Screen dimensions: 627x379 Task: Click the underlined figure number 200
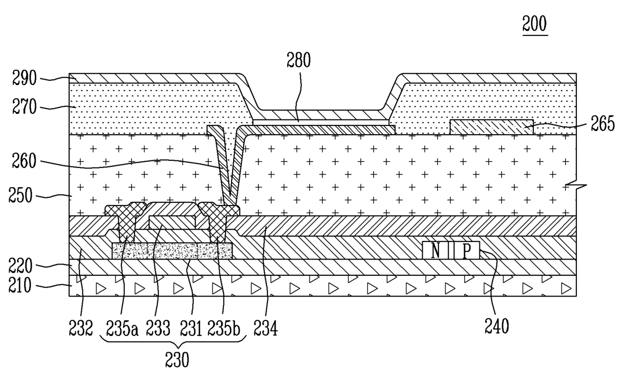click(534, 24)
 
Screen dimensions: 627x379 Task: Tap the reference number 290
click(24, 78)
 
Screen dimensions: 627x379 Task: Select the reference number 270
click(24, 107)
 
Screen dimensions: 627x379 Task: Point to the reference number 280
click(299, 60)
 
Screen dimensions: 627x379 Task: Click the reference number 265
click(603, 123)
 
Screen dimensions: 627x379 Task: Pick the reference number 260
click(24, 161)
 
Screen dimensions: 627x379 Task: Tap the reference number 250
click(20, 195)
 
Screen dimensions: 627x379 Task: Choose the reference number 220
click(20, 266)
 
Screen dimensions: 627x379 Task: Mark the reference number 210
click(20, 286)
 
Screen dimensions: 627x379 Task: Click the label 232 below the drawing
click(81, 328)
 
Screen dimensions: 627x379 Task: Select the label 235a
click(122, 328)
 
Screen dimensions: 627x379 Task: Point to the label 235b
click(224, 328)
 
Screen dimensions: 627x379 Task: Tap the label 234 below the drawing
click(265, 328)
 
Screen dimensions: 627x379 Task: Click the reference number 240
click(497, 326)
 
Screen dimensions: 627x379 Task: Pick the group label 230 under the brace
click(177, 360)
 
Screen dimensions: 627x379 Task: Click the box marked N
click(435, 250)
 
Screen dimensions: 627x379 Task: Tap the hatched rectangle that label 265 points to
click(491, 127)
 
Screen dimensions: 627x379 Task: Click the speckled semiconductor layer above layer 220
click(172, 250)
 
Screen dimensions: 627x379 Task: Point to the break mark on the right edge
click(576, 186)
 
